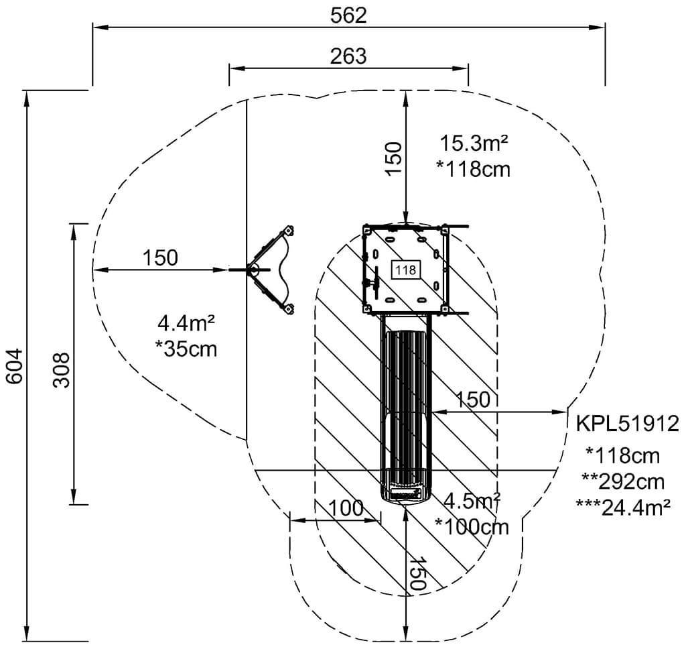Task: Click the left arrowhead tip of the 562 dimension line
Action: click(x=92, y=27)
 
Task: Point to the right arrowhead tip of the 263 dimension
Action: click(x=468, y=68)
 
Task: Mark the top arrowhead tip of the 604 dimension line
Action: click(x=27, y=91)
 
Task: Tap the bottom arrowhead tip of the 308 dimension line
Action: click(x=74, y=504)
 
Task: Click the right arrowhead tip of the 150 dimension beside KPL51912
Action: click(x=567, y=412)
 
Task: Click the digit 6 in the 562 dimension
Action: click(x=348, y=16)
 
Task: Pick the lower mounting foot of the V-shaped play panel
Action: click(x=288, y=309)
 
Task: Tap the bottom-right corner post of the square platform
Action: click(x=443, y=309)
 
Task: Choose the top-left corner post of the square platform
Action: click(x=366, y=229)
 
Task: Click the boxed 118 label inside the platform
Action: click(x=405, y=270)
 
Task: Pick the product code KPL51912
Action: click(x=627, y=424)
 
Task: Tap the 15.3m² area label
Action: click(x=474, y=143)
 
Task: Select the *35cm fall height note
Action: click(x=186, y=349)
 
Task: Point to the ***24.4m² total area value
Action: click(x=623, y=508)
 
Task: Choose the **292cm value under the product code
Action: click(x=623, y=481)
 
